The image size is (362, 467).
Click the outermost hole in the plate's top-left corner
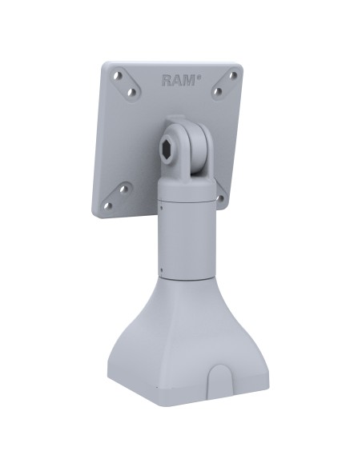point(117,76)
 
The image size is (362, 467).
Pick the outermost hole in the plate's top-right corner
point(233,78)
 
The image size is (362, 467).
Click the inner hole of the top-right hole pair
point(218,92)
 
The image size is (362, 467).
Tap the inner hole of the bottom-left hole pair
point(123,190)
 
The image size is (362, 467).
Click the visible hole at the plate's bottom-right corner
point(220,198)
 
